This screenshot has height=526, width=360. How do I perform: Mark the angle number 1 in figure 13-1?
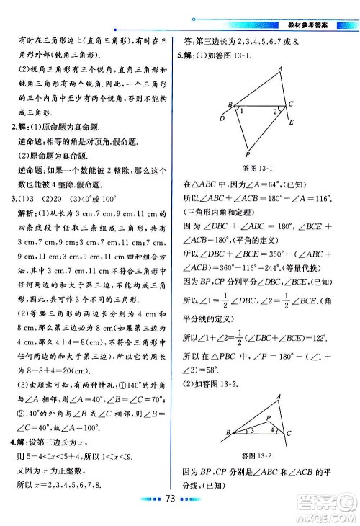pyautogui.click(x=242, y=111)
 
